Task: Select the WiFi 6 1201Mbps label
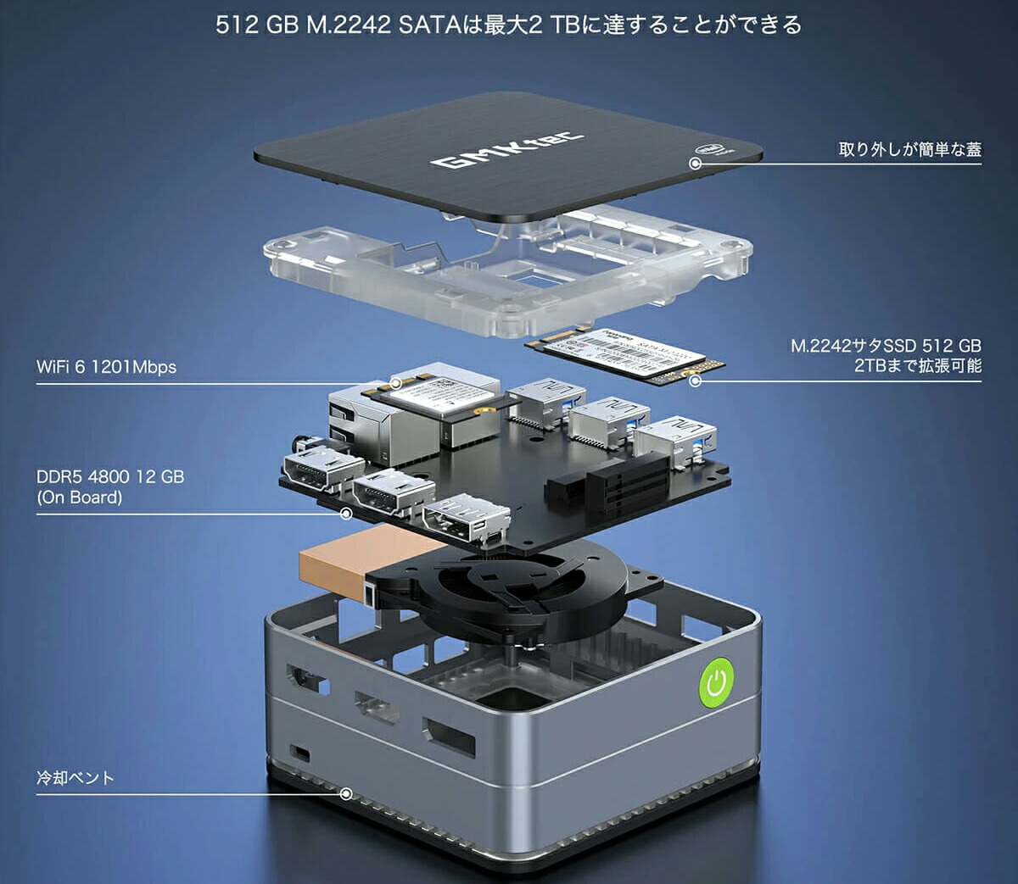click(x=106, y=367)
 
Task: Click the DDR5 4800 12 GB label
click(x=109, y=476)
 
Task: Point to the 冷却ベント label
click(x=75, y=778)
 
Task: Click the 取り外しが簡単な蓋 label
click(x=909, y=149)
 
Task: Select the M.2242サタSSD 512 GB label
click(x=886, y=346)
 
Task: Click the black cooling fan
click(x=509, y=585)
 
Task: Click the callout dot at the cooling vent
click(x=346, y=794)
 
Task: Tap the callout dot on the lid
click(x=695, y=163)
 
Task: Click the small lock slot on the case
click(x=299, y=753)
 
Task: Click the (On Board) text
click(x=79, y=498)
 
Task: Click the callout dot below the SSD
click(x=695, y=381)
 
